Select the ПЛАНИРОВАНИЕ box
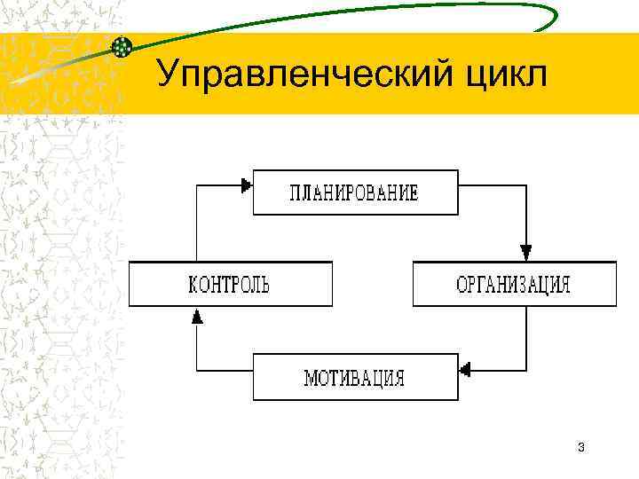pos(355,192)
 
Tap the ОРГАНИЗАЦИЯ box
pos(514,284)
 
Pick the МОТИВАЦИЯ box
pos(355,377)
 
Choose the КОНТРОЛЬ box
pos(230,284)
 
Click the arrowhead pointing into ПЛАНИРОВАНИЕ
pos(246,185)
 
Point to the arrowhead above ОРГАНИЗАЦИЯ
pos(526,251)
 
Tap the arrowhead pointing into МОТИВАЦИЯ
pos(464,366)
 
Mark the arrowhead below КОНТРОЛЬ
pos(197,315)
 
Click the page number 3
pos(580,446)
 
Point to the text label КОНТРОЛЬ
pos(230,285)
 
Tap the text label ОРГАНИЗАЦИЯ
pos(513,285)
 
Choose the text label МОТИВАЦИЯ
pos(354,378)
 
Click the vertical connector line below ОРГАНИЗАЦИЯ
pos(526,337)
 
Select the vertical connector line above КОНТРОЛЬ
pos(197,222)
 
